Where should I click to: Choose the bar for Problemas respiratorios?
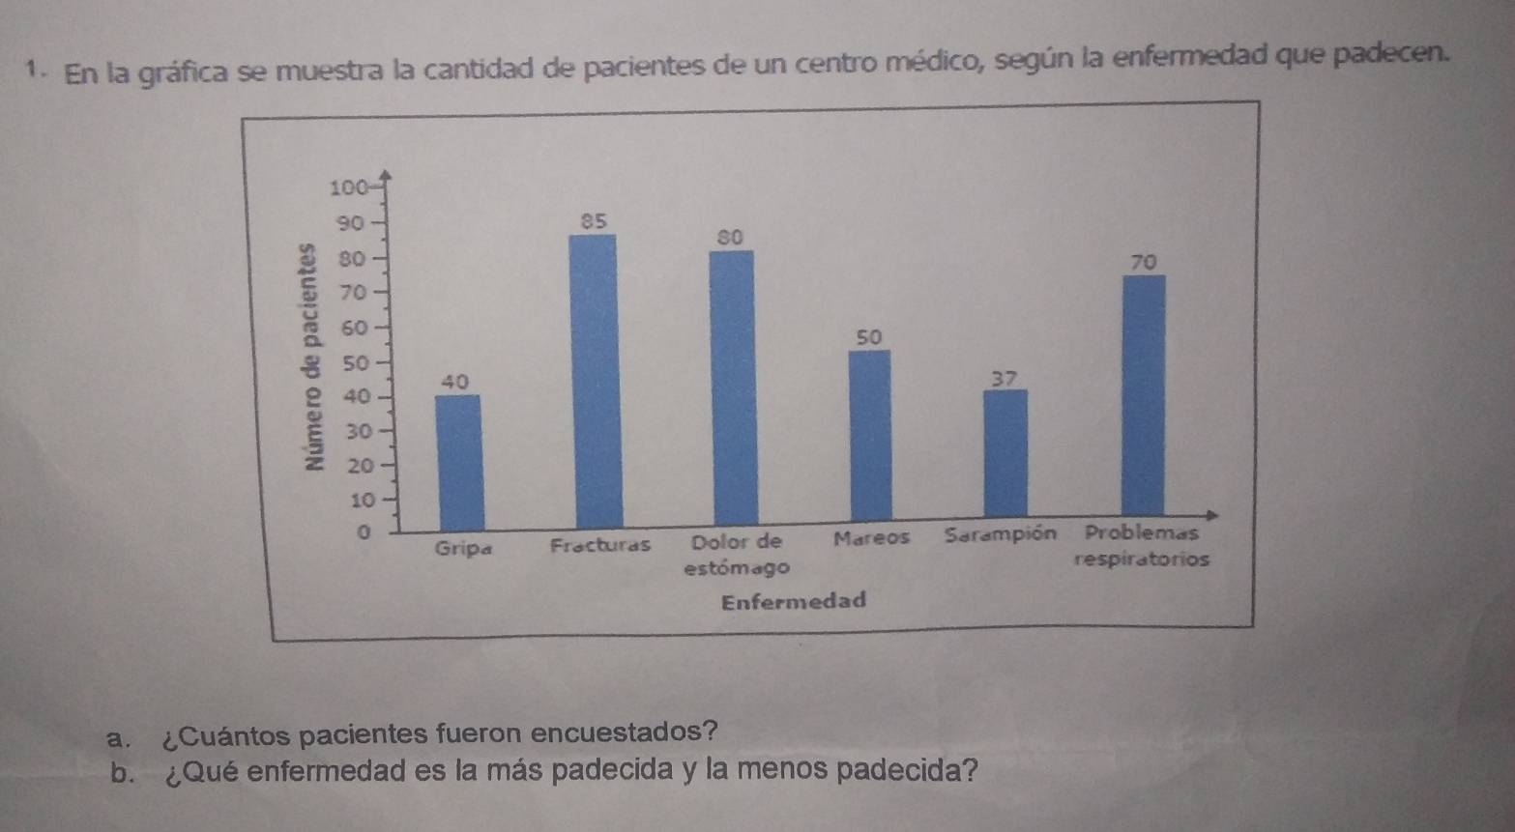tap(1144, 396)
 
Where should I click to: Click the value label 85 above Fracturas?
tap(594, 220)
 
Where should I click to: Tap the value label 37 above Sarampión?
tap(1005, 378)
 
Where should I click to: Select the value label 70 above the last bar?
tap(1143, 262)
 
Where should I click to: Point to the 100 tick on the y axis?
tap(348, 187)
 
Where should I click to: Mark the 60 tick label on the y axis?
tap(357, 328)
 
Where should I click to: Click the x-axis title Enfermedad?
tap(794, 601)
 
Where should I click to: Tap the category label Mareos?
tap(872, 537)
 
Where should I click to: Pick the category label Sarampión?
tap(1000, 533)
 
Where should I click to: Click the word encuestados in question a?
tap(631, 732)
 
